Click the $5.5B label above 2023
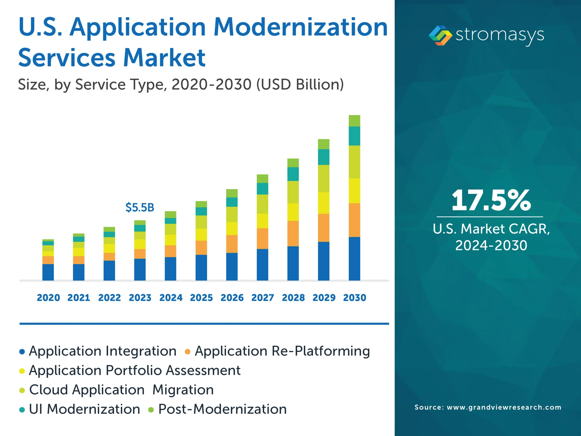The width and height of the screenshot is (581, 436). (140, 208)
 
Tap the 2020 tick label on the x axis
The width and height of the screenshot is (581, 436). (48, 298)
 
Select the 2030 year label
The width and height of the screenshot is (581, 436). (355, 298)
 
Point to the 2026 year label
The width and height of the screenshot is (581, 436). (232, 298)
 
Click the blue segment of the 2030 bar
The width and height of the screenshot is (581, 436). (354, 259)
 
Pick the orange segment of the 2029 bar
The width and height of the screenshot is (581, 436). (324, 228)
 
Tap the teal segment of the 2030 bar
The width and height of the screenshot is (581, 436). (354, 136)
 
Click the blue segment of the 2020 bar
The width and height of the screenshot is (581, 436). (48, 272)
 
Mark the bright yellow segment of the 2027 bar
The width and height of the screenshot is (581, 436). (262, 221)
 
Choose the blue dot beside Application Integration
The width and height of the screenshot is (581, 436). (22, 352)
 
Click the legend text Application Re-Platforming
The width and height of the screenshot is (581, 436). (282, 351)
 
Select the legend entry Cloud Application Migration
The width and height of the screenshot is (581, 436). (121, 390)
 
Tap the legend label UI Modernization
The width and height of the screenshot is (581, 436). (84, 409)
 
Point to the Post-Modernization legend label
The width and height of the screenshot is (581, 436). (222, 409)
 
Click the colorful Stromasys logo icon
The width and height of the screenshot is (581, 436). (440, 35)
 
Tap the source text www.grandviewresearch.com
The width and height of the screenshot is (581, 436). (504, 407)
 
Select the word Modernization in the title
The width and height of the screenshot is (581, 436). (301, 27)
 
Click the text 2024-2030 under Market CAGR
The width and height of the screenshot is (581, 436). (491, 245)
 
